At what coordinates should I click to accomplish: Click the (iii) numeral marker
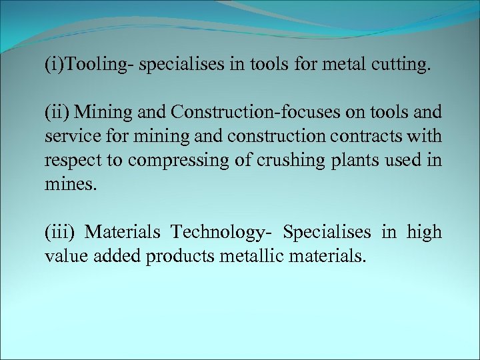(60, 233)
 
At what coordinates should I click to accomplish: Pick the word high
(425, 233)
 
